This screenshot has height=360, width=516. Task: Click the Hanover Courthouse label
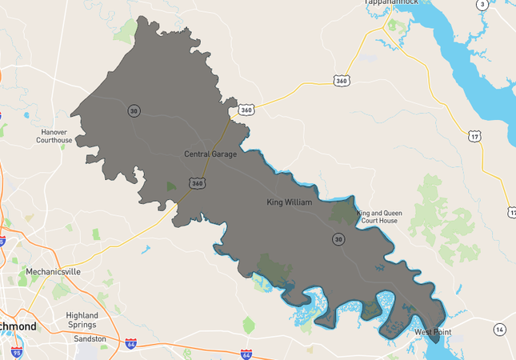pos(54,136)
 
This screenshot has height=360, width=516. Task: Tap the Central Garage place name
pos(210,154)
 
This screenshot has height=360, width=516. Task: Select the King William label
pos(289,203)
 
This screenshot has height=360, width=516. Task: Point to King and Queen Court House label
pos(379,217)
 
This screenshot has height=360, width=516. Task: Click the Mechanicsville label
pos(53,272)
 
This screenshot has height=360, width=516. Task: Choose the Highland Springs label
pos(82,319)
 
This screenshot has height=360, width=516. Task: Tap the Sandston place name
pos(90,339)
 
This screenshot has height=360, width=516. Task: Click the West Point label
pos(432,331)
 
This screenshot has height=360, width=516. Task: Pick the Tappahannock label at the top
pos(392,2)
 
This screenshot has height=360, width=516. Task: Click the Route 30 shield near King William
pos(339,239)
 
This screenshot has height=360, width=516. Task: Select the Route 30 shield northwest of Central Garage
pos(134,110)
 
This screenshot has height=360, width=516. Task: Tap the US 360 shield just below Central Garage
pos(197,183)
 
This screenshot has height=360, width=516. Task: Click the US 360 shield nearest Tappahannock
pos(342,81)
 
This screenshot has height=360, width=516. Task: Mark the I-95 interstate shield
pos(17,351)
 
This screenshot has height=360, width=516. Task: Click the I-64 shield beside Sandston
pos(130,343)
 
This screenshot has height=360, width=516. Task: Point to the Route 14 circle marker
pos(500,330)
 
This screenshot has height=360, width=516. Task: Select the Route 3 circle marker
pos(482,5)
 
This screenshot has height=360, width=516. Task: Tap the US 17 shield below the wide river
pos(475,137)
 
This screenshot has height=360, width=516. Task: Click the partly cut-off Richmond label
pos(18,327)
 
